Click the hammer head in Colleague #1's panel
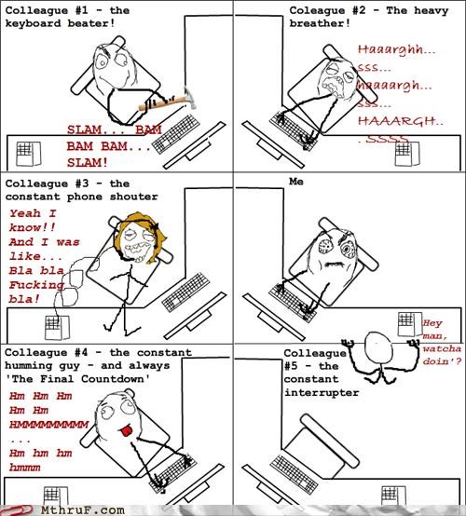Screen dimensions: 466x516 [x=190, y=97]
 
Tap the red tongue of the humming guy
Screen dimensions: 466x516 [x=127, y=430]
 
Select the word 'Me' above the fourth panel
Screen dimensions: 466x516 [x=296, y=182]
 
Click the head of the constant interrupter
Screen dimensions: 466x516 [x=378, y=347]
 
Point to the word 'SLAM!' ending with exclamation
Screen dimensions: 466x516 [x=88, y=163]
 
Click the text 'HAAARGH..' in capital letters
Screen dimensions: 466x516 [x=401, y=121]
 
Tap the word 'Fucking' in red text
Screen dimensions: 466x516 [x=36, y=285]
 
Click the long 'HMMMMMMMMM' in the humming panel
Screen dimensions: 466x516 [x=48, y=425]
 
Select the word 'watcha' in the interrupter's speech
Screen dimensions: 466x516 [x=442, y=348]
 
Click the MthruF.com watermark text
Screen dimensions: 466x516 [x=83, y=510]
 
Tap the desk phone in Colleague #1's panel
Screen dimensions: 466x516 [x=29, y=154]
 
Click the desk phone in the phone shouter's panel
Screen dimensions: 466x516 [x=57, y=327]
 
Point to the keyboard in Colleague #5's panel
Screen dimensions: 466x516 [x=294, y=474]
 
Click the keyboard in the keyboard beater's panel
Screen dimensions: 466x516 [x=176, y=134]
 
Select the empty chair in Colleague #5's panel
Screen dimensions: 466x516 [x=322, y=442]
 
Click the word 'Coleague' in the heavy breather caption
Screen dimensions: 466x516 [x=317, y=10]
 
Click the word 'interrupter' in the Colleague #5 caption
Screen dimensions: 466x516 [x=322, y=393]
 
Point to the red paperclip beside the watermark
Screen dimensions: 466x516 [x=17, y=510]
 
